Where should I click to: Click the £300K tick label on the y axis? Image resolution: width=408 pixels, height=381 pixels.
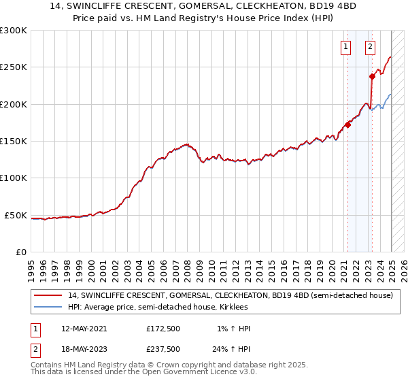13,31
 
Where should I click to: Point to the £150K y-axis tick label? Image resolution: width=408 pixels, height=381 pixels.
13,142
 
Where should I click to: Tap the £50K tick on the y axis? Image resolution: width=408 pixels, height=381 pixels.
15,215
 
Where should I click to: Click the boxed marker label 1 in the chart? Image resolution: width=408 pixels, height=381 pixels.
346,47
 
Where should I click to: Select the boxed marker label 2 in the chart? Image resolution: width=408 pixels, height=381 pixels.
370,47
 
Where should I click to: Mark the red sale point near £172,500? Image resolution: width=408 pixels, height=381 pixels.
347,125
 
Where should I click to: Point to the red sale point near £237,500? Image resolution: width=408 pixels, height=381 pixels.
372,76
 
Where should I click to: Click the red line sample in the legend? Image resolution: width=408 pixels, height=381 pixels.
48,296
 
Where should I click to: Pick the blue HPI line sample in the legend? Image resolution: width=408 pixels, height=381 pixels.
48,308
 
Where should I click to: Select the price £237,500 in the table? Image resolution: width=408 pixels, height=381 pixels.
163,349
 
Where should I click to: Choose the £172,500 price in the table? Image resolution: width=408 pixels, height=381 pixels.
163,329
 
